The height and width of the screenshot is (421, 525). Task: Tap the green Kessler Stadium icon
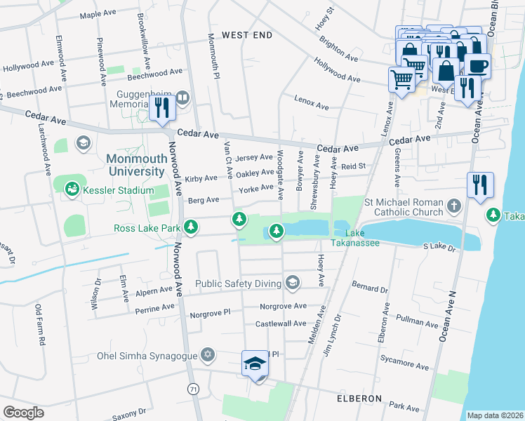[x=72, y=189]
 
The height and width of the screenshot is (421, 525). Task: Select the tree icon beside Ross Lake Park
[x=190, y=227]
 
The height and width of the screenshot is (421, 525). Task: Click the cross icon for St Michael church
[x=454, y=206]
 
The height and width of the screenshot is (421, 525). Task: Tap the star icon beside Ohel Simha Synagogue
[x=206, y=354]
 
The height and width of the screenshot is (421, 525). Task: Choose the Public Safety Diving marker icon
[x=292, y=283]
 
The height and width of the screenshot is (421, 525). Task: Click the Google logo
[x=23, y=412]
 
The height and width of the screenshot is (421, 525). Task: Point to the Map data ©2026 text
[x=495, y=415]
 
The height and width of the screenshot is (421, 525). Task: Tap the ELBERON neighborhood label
[x=358, y=398]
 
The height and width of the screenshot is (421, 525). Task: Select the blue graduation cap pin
[x=255, y=363]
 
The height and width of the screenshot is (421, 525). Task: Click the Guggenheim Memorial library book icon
[x=182, y=97]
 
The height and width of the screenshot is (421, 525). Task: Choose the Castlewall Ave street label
[x=281, y=323]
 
